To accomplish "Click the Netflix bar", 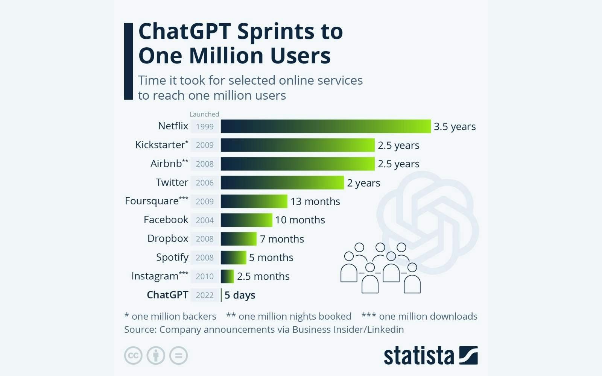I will (x=325, y=126).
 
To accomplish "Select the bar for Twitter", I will (x=282, y=182).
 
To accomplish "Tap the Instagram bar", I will (x=227, y=276).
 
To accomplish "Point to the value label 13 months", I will (x=315, y=202).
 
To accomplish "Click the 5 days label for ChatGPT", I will (x=240, y=295).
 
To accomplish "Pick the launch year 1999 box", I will (x=205, y=127).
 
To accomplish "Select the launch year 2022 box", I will (x=205, y=295).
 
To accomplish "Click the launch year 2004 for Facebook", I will (x=205, y=220).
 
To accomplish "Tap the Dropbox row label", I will (x=168, y=239).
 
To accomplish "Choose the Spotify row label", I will (x=172, y=258).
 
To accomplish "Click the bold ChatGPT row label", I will (x=167, y=295).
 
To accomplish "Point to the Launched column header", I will (x=204, y=114).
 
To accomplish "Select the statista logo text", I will (x=419, y=356).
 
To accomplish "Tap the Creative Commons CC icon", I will (x=133, y=355).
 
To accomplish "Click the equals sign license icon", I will (x=178, y=355).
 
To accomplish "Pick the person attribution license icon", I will (x=156, y=355).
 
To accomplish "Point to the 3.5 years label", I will (x=455, y=127).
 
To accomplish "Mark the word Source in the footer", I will (x=140, y=330).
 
